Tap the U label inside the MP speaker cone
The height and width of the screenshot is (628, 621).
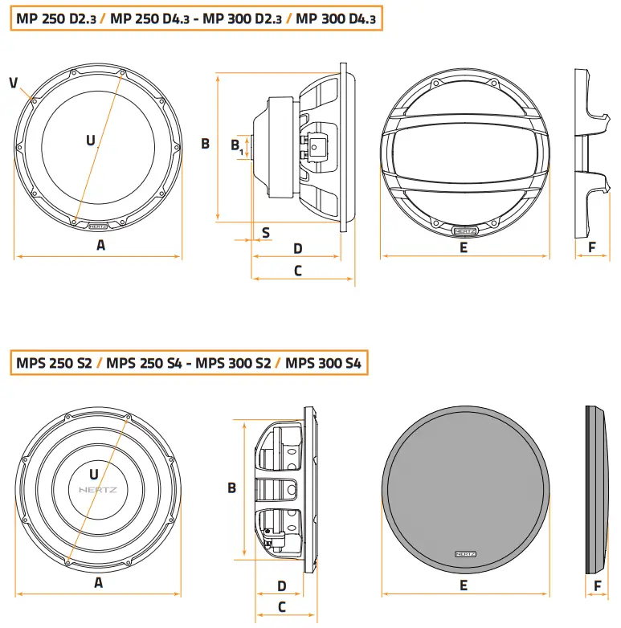pos(90,140)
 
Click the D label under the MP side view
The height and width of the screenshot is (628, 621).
pos(296,248)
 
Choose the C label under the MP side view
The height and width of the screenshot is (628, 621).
pos(297,271)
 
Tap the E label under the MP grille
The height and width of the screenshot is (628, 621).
pos(464,248)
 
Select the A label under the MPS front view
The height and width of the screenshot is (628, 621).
pos(98,584)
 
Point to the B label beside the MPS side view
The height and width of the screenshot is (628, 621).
pos(231,487)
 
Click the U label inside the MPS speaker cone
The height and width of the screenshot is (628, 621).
pos(94,474)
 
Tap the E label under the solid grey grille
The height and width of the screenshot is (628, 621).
pos(464,585)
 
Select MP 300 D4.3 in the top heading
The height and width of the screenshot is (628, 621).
pos(336,17)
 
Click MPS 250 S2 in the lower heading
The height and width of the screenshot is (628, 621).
pos(54,364)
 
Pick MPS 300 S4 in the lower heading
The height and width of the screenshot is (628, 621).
pos(323,364)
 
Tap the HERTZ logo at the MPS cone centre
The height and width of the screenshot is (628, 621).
pos(98,489)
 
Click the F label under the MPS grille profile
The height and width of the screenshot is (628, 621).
pos(597,585)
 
